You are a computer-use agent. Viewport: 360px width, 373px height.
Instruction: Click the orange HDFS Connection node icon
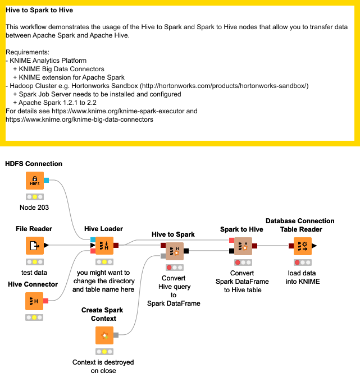[x=35, y=181]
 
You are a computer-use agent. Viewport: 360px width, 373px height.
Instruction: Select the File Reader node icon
[x=35, y=246]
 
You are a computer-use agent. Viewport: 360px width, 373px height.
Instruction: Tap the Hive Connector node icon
[x=34, y=301]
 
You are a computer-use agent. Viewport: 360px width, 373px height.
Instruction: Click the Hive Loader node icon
[x=104, y=246]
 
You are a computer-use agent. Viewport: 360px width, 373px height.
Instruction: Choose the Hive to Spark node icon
[x=175, y=251]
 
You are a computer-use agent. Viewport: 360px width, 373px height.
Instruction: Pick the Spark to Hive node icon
[x=243, y=246]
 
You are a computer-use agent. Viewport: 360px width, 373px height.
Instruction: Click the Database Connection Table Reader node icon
[x=303, y=246]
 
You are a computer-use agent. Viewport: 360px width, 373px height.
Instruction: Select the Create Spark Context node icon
[x=104, y=335]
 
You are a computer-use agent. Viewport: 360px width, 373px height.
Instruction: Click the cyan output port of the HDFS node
[x=46, y=180]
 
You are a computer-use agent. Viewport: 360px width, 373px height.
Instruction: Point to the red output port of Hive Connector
[x=45, y=301]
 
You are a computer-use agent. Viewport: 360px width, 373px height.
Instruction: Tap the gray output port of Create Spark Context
[x=116, y=335]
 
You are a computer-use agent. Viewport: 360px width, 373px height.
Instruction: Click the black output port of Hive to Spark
[x=186, y=251]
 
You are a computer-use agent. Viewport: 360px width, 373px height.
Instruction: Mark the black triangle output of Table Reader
[x=315, y=246]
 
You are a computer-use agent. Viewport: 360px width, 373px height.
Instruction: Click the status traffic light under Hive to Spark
[x=175, y=268]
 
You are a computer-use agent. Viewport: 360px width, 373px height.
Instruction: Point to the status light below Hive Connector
[x=34, y=317]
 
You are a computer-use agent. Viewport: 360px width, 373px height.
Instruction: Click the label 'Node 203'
[x=34, y=208]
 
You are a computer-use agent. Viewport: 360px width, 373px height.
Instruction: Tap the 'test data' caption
[x=34, y=273]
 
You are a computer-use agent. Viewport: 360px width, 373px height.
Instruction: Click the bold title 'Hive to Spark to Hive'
[x=39, y=10]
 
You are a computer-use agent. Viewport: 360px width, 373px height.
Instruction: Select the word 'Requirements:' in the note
[x=28, y=52]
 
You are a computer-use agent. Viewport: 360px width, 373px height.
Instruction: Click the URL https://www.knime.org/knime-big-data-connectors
[x=79, y=119]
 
